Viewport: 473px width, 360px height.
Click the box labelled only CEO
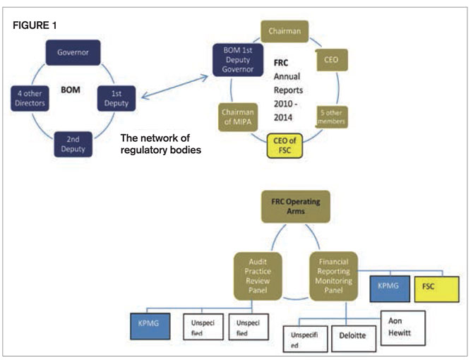[x=329, y=61]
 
